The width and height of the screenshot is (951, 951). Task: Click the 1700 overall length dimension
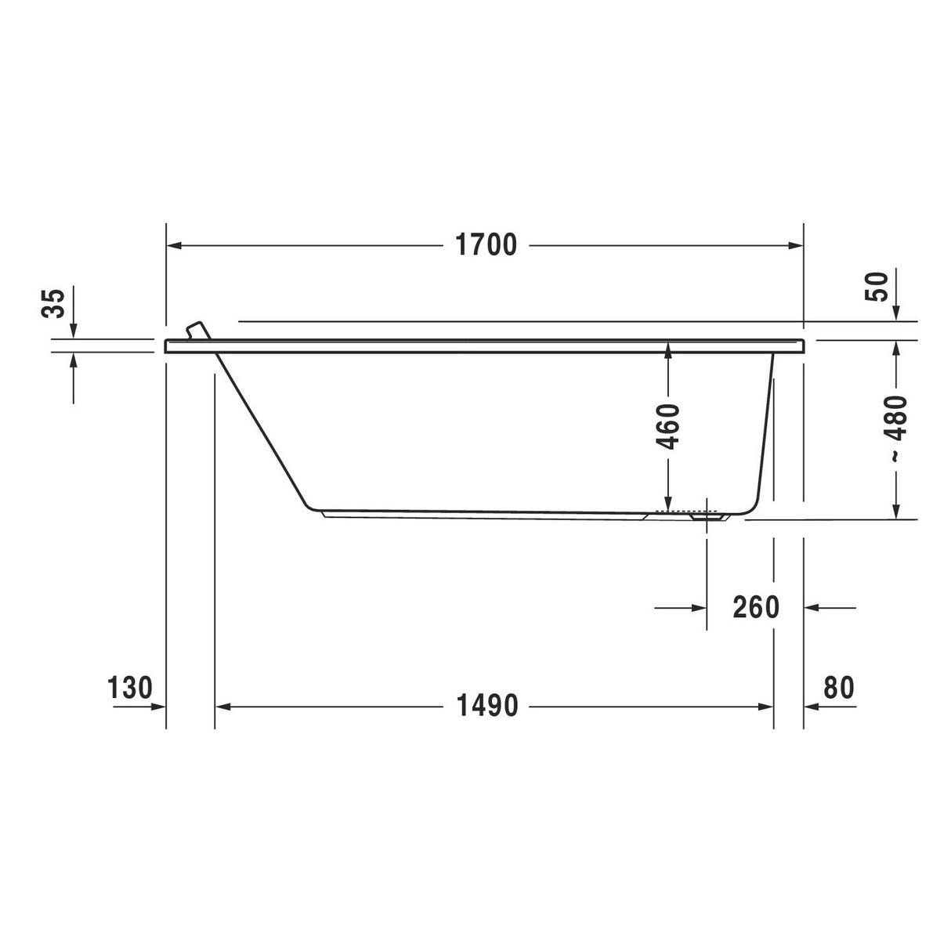486,244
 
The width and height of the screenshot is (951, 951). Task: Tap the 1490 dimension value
487,706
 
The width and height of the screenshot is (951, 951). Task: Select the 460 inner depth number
667,427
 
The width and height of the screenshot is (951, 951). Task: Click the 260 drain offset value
756,608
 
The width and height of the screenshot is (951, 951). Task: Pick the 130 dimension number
130,688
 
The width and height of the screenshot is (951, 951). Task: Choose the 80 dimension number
838,688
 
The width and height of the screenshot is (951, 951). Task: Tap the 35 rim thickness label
53,303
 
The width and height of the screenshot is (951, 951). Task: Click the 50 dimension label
877,286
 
